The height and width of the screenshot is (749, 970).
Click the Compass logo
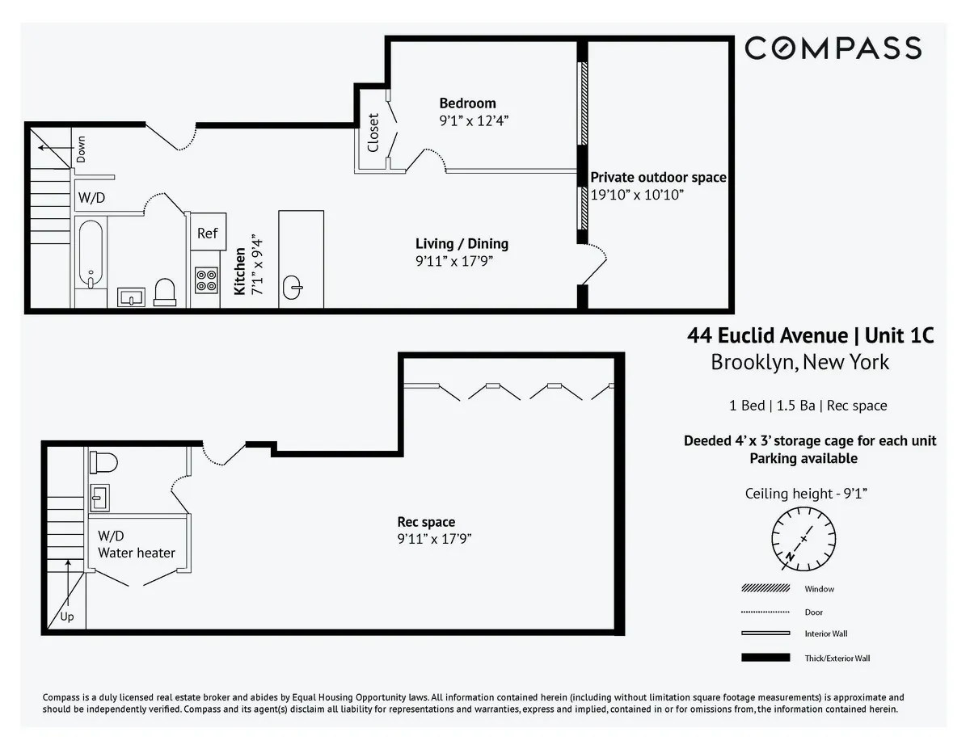pos(833,48)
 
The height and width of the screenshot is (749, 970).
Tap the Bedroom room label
pos(467,103)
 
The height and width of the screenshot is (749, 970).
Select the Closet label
pos(373,132)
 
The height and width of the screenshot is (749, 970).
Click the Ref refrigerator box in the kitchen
pos(208,233)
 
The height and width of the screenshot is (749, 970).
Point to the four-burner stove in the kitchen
pos(206,280)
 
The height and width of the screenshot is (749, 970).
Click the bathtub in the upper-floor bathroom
pos(91,254)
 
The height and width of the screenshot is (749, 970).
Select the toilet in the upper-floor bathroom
pos(165,292)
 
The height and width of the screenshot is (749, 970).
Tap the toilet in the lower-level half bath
pos(103,462)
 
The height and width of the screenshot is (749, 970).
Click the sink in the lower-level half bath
pos(99,498)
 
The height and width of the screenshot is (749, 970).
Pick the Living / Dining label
pos(462,243)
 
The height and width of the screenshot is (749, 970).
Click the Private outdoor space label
pos(658,178)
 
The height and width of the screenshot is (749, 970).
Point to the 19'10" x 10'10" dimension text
pos(638,195)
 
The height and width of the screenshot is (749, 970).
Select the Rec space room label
pos(425,522)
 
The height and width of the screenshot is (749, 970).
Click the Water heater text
pos(137,553)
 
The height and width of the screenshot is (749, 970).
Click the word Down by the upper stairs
pos(81,149)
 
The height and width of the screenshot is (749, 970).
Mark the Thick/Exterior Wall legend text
pos(837,658)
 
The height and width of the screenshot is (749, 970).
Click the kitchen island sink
pos(294,285)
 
